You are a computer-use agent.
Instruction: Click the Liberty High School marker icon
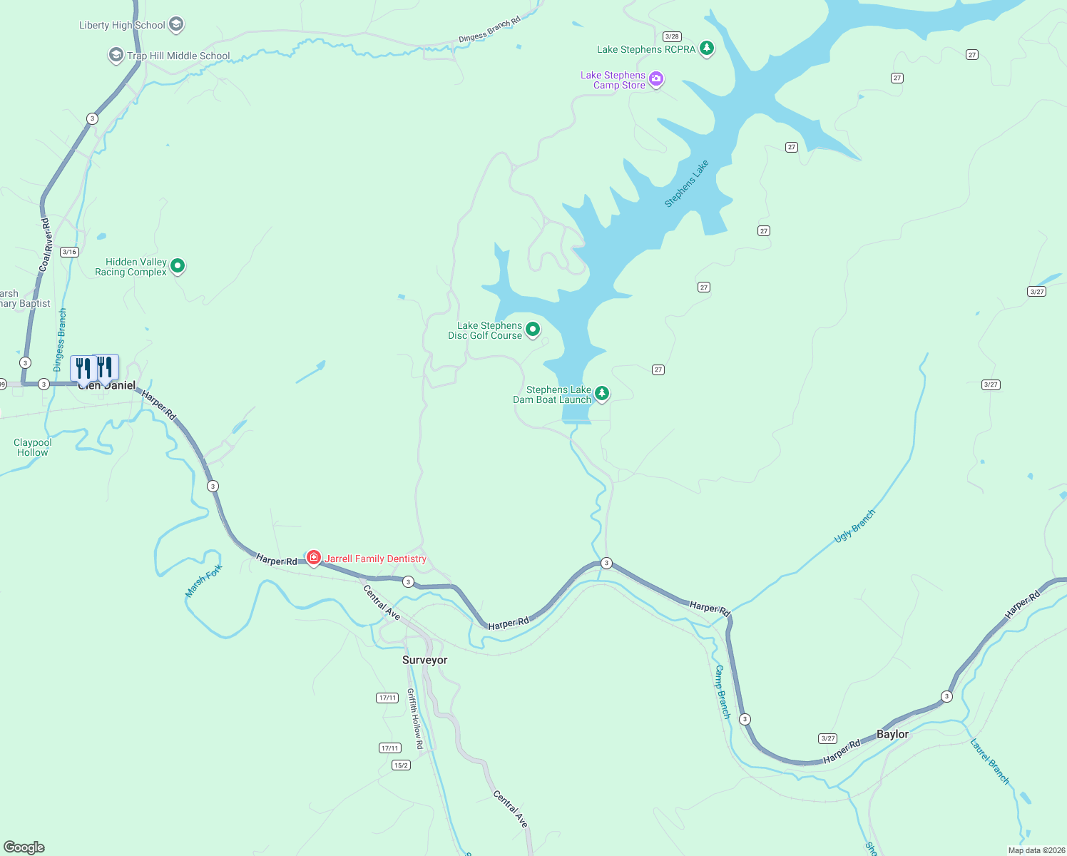pos(176,25)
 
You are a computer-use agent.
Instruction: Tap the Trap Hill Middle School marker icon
pos(116,55)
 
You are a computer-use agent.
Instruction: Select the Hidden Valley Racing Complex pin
pos(178,266)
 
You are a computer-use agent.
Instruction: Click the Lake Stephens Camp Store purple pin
pos(656,79)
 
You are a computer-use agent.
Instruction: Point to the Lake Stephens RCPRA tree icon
pos(706,49)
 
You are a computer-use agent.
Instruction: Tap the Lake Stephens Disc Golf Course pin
pos(532,329)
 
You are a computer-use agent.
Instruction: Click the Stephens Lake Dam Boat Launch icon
pos(602,393)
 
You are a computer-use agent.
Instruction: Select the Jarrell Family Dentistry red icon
pos(313,557)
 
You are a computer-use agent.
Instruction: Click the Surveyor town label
pos(424,660)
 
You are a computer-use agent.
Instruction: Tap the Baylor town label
pos(892,734)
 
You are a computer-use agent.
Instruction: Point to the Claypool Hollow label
pos(33,447)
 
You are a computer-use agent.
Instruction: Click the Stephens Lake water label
pos(686,183)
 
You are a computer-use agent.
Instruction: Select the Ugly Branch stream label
pos(854,526)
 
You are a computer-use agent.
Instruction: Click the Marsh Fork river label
pos(204,580)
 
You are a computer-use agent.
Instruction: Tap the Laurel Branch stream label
pos(989,761)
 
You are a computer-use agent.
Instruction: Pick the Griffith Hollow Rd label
pos(415,718)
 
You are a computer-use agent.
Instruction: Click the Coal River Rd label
pos(46,244)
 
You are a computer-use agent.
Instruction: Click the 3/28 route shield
pos(671,36)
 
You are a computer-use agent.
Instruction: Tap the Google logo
pos(24,847)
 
